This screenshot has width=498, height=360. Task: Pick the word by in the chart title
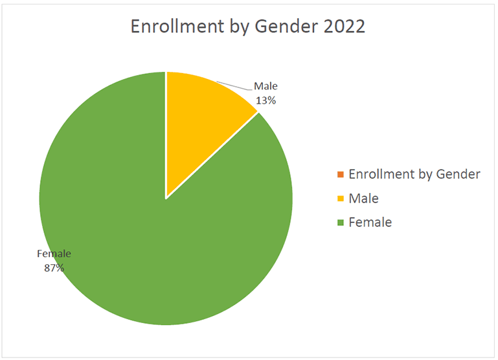tap(236, 27)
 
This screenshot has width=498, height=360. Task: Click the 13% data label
tap(266, 100)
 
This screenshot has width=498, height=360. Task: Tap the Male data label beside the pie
tap(266, 86)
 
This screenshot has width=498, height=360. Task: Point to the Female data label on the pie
tap(54, 253)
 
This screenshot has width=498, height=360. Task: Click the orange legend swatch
tap(340, 174)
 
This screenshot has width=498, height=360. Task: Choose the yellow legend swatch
tap(340, 199)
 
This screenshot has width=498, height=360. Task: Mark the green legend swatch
tap(340, 223)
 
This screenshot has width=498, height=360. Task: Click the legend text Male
tap(363, 199)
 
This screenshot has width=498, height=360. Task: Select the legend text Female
tap(370, 223)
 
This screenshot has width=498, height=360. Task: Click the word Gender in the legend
tap(459, 174)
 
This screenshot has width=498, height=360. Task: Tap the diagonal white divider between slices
tap(214, 154)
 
